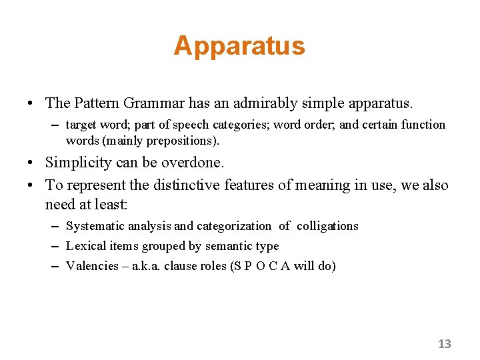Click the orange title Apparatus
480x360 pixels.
point(239,46)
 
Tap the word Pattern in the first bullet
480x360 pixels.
point(98,103)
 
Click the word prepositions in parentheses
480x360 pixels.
point(178,140)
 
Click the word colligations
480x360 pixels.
point(328,226)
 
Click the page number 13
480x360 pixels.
point(445,344)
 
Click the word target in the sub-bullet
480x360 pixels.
point(82,125)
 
